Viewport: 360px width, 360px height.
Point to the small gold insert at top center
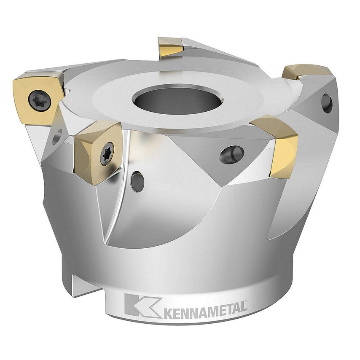[x=170, y=47]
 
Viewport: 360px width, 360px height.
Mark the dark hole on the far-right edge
[x=327, y=103]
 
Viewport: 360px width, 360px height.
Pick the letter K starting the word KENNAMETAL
[x=167, y=314]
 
